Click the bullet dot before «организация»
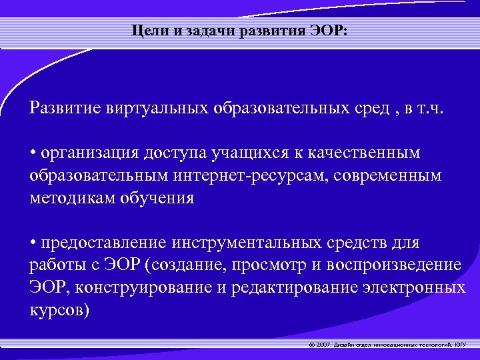point(33,153)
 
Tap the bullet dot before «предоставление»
point(33,243)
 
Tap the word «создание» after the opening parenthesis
point(193,265)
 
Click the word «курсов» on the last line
point(56,311)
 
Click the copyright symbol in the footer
point(312,345)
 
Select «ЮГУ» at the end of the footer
point(461,345)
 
